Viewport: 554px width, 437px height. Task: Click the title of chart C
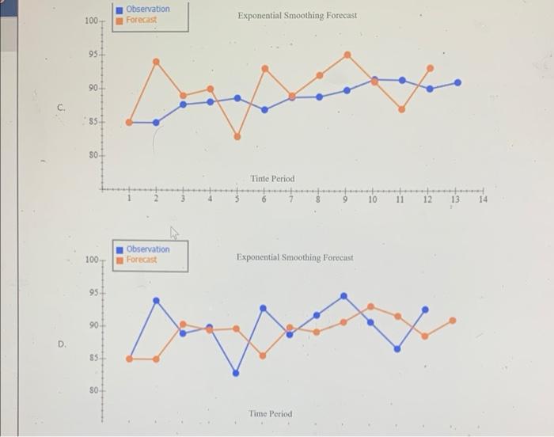[297, 16]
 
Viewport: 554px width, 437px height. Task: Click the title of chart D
[294, 257]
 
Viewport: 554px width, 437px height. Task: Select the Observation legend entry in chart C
[147, 9]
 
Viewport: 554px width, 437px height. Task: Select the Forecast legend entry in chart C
[142, 19]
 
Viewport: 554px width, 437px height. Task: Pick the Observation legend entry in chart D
[147, 249]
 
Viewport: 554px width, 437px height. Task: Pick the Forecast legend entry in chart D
[142, 259]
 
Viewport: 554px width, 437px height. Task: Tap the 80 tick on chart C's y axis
[92, 155]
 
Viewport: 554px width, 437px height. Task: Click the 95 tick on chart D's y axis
[92, 291]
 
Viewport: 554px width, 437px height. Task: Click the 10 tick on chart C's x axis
[372, 199]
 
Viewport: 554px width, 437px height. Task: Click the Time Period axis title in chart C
[272, 179]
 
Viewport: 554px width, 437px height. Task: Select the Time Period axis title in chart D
[270, 414]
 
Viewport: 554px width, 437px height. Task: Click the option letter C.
[61, 106]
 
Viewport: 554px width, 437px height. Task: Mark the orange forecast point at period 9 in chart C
[347, 55]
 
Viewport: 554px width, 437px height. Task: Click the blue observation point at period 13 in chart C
[457, 82]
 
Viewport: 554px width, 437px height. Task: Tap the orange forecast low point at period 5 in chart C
[237, 136]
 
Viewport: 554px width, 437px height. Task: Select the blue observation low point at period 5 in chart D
[236, 373]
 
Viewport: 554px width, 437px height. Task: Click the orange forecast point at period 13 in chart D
[453, 321]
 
